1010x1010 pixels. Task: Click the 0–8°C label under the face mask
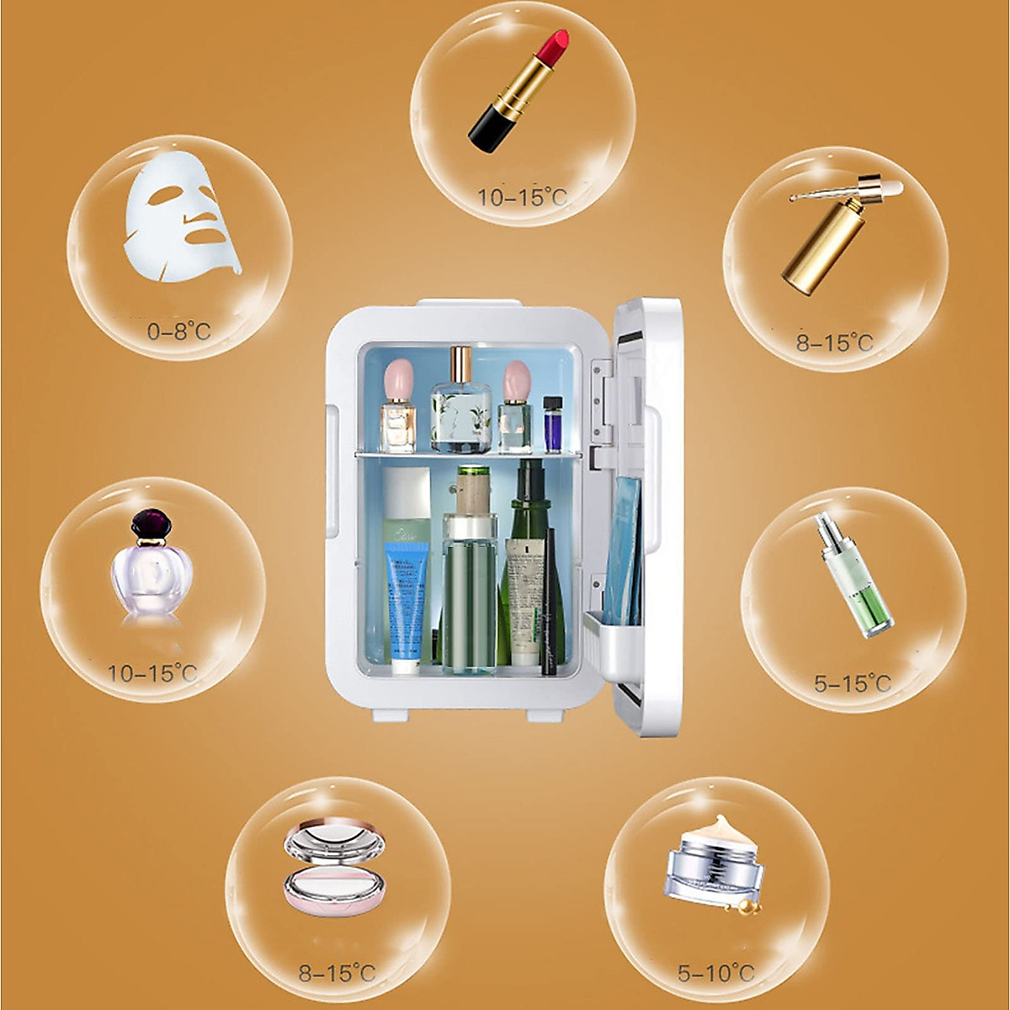point(178,332)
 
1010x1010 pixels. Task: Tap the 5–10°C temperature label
point(716,973)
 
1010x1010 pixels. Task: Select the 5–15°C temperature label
point(852,683)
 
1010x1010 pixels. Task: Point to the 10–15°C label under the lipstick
point(523,199)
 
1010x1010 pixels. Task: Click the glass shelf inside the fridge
point(468,456)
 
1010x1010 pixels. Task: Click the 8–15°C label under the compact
point(337,973)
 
